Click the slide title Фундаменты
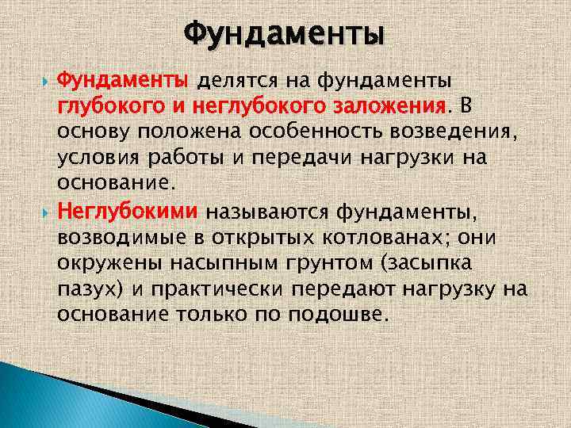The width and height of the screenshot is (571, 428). click(284, 35)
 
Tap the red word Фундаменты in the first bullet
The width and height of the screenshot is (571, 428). click(124, 81)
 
